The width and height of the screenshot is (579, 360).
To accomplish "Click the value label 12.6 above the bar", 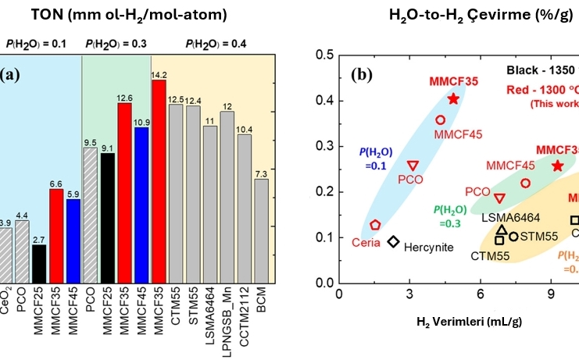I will pos(124,97).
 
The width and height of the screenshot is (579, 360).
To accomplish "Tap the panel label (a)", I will pos(10,76).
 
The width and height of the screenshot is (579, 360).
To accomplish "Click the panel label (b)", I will pos(362,75).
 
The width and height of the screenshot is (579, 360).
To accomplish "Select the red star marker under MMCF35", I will pos(453,98).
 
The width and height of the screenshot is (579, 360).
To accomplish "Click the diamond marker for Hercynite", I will pos(394,241).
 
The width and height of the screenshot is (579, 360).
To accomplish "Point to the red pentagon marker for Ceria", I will pos(375,224).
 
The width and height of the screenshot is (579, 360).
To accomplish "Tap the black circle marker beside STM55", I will pos(513,236).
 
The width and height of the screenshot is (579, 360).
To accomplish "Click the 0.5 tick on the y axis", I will pos(323,55).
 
